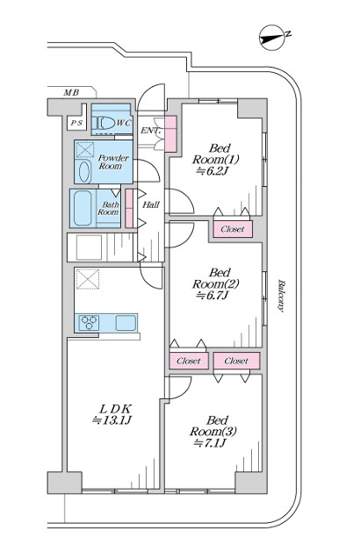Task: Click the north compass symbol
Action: coord(273,38)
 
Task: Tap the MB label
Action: coord(71,93)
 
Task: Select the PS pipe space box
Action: coord(76,123)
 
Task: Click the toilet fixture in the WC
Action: coord(104,124)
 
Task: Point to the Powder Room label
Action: coord(112,161)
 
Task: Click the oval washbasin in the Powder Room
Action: coord(84,172)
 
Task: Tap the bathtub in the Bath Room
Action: coord(83,208)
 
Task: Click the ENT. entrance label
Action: coord(150,131)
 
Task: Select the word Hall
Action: coord(150,204)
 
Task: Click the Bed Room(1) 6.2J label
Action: coord(215,160)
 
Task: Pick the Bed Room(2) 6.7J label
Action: coord(215,284)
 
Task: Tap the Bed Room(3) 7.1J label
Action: coord(213,432)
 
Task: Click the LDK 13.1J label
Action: coord(112,414)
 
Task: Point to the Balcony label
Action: coord(281,296)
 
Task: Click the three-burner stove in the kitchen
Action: coord(89,323)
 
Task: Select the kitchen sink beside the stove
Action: coord(126,323)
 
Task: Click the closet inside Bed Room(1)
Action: coord(233,229)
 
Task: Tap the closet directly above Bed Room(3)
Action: coord(236,362)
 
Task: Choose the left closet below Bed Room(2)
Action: coord(189,362)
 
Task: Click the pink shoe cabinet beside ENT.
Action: coord(171,133)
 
